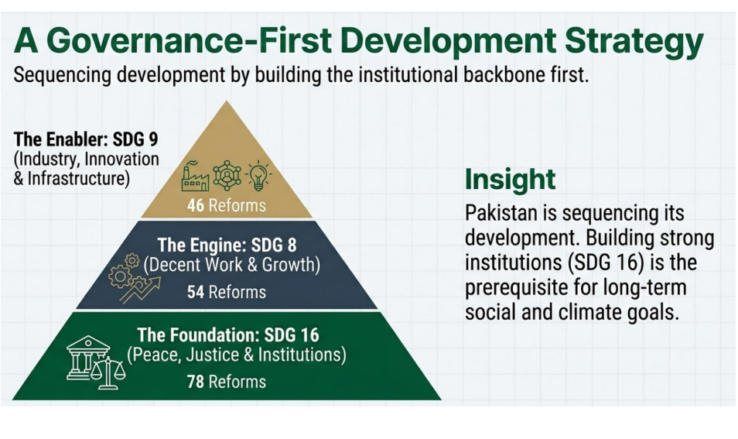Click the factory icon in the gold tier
(195, 177)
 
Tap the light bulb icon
(258, 176)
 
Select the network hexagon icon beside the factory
(227, 176)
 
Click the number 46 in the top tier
(195, 205)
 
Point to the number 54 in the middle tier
(195, 292)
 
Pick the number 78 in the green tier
(195, 382)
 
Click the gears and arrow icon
(134, 279)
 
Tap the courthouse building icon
(88, 358)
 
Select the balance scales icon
(109, 373)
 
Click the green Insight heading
(511, 180)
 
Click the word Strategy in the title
(634, 42)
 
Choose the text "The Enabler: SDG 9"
(86, 139)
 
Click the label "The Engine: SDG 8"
(227, 245)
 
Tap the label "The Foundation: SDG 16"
(228, 335)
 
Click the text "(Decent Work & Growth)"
(231, 266)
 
